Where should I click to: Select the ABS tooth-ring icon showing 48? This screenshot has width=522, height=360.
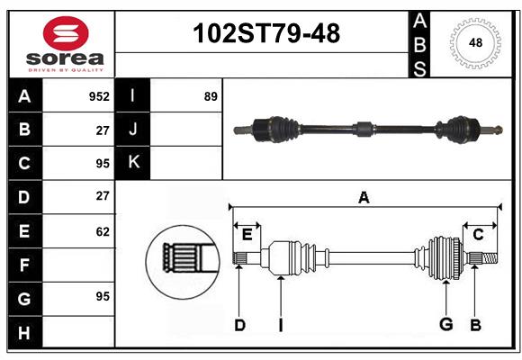click(x=474, y=42)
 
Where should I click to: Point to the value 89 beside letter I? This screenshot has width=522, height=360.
click(x=211, y=95)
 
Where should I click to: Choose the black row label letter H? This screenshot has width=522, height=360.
click(x=24, y=333)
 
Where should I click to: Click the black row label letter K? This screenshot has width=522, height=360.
click(x=132, y=163)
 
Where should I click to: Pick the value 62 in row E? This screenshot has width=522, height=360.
click(x=102, y=231)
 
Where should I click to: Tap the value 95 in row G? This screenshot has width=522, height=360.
click(x=102, y=296)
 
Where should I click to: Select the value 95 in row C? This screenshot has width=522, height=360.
click(x=102, y=163)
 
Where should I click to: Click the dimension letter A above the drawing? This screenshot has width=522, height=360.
click(x=364, y=197)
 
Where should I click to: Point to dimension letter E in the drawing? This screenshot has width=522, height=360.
click(x=247, y=235)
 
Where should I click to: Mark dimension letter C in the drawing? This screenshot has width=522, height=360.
click(x=478, y=235)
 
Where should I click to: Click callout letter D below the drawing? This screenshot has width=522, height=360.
click(x=239, y=325)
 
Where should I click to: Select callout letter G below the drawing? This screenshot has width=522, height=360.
click(x=445, y=325)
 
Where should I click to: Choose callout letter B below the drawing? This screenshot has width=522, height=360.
click(x=476, y=325)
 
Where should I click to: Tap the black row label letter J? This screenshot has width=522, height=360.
click(x=132, y=130)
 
